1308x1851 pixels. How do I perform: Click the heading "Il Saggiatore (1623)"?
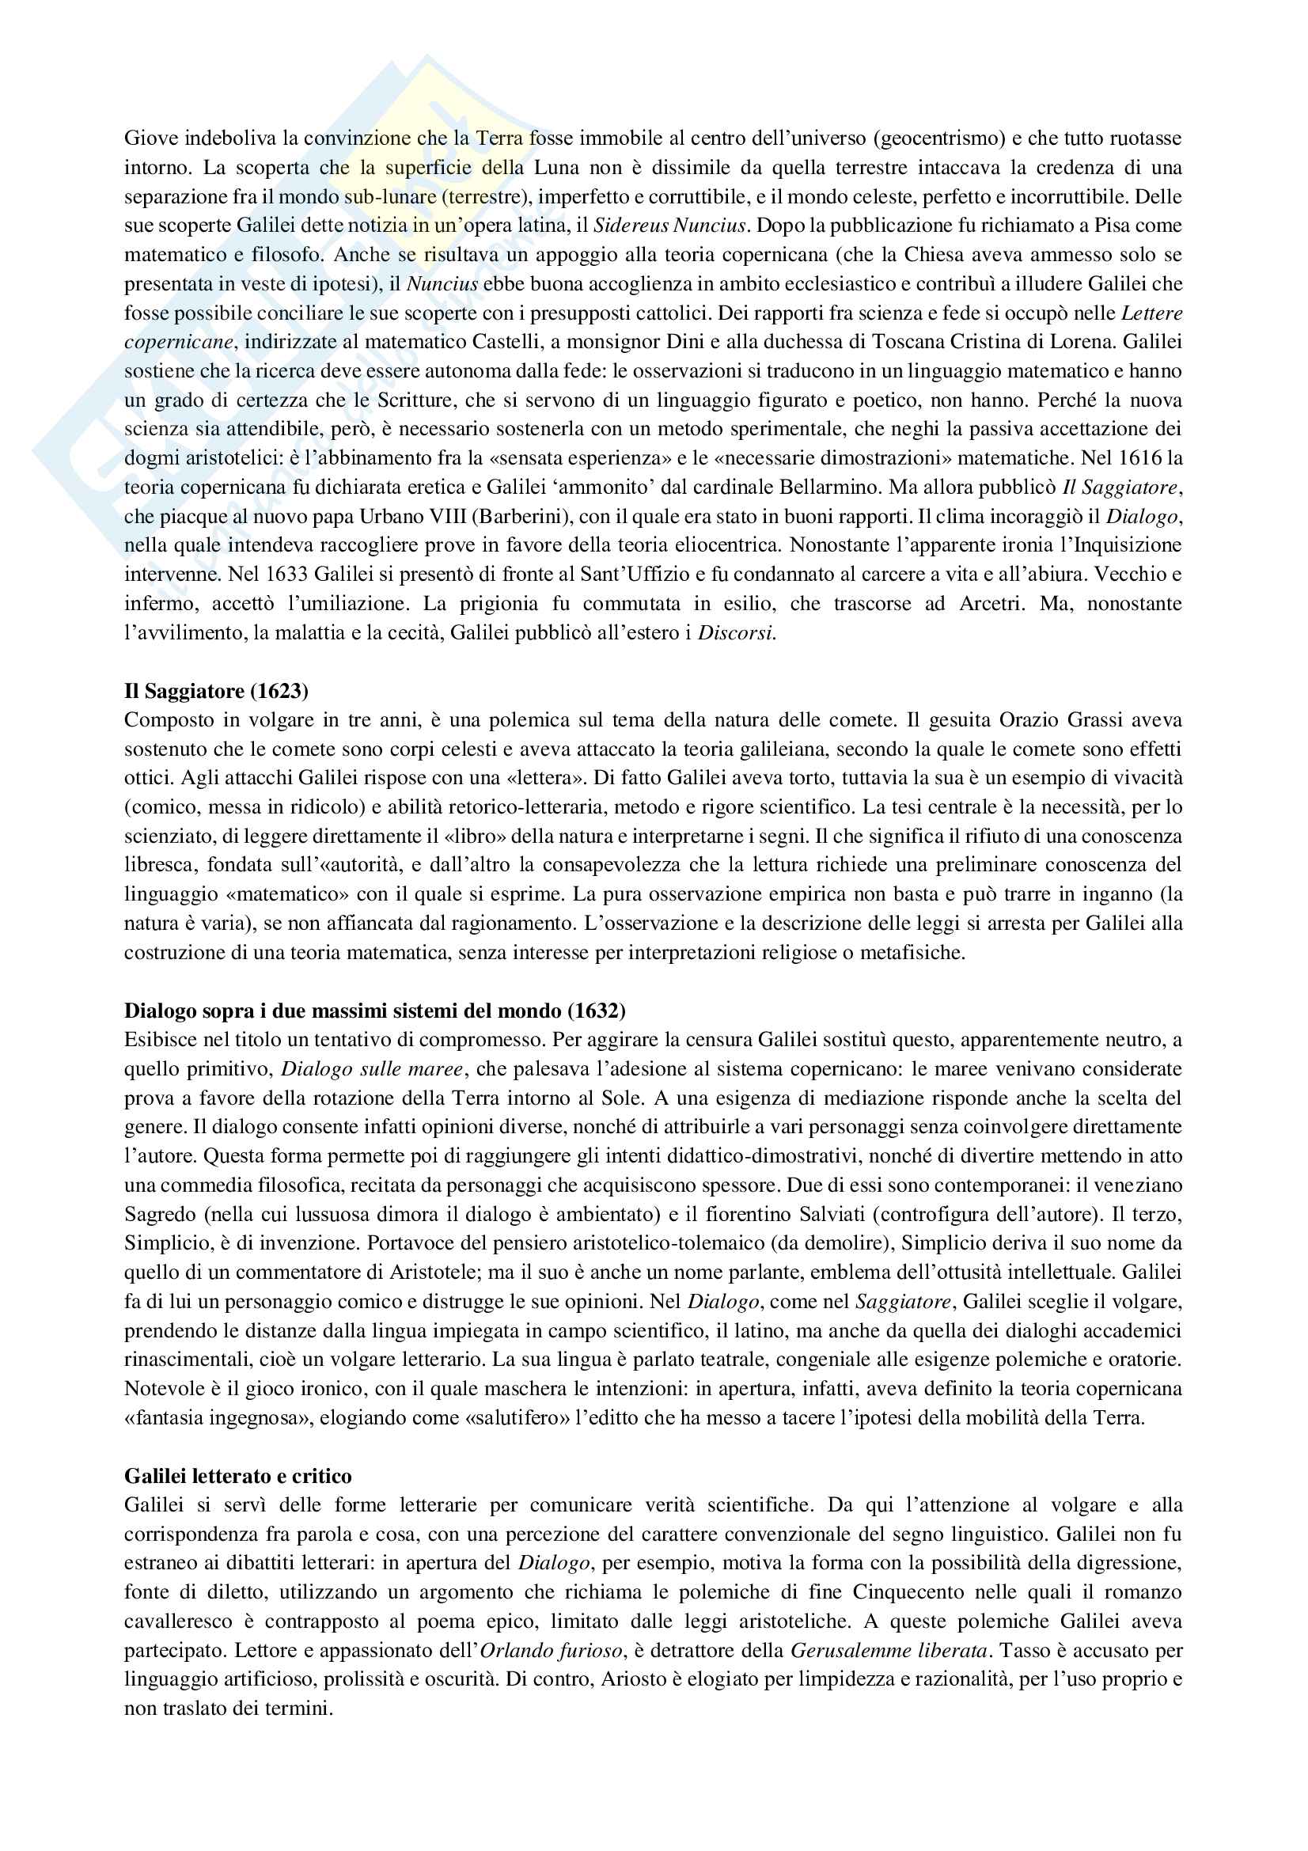tap(216, 691)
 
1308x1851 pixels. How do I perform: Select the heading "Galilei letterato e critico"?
tap(237, 1476)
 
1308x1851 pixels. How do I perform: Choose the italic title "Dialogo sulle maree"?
tap(372, 1069)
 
